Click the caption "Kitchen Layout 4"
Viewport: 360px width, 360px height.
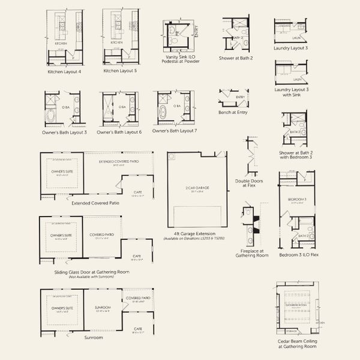click(x=64, y=71)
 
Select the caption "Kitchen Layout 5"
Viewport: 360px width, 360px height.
click(x=120, y=71)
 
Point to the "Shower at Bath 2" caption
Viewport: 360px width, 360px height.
click(x=236, y=58)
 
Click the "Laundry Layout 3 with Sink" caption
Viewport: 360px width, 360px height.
click(x=291, y=92)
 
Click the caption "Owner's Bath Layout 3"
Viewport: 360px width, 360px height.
click(x=65, y=132)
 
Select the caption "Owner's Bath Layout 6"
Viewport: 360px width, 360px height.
click(x=119, y=132)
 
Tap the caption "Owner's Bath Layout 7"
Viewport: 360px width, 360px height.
click(x=175, y=131)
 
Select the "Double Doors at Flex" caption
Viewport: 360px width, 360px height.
click(x=250, y=183)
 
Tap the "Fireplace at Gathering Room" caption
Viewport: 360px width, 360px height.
click(x=252, y=252)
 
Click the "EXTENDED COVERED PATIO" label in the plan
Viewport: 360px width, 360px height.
click(x=118, y=162)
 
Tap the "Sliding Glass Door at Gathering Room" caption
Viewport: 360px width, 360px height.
click(x=91, y=272)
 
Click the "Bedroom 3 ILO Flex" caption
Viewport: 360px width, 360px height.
click(x=298, y=254)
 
